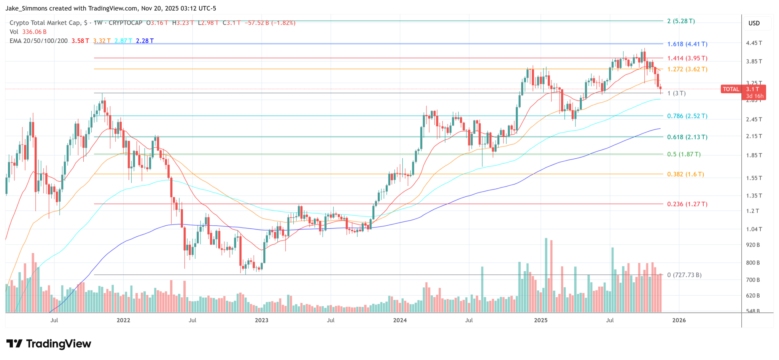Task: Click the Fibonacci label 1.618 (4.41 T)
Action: click(687, 44)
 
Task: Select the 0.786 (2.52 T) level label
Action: click(687, 116)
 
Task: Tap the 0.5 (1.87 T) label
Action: click(684, 155)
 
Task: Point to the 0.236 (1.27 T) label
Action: click(687, 204)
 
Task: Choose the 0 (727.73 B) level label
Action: click(684, 275)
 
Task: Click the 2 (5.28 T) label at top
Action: click(680, 21)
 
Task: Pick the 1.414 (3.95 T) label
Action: click(687, 59)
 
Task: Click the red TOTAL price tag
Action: click(731, 89)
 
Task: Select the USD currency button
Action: click(754, 23)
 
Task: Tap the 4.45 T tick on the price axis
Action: click(754, 43)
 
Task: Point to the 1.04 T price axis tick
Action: click(754, 229)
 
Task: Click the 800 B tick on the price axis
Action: click(753, 263)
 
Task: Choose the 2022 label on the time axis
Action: click(123, 320)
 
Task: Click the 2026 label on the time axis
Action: click(679, 320)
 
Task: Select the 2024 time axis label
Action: click(400, 320)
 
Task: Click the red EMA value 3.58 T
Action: click(80, 41)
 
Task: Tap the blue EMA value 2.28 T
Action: click(145, 41)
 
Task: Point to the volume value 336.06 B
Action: click(34, 32)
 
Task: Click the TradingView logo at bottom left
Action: click(49, 344)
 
